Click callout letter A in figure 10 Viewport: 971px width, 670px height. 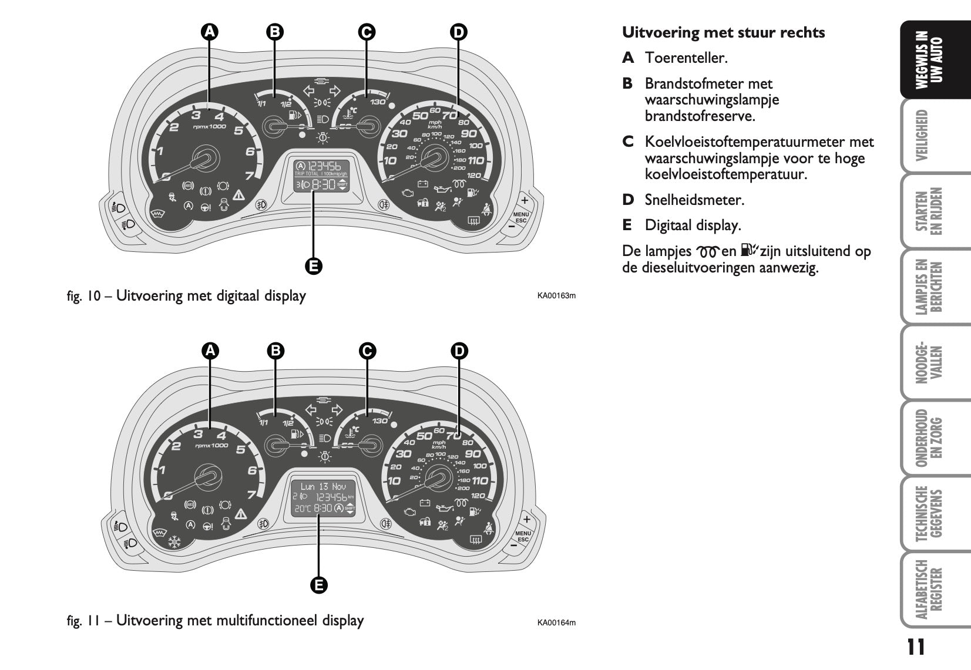point(209,32)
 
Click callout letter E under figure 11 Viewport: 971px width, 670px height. point(318,585)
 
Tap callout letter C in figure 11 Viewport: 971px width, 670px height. point(367,351)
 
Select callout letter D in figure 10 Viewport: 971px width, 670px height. point(458,32)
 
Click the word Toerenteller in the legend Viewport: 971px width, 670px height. point(686,58)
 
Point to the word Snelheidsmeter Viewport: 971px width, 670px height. point(694,200)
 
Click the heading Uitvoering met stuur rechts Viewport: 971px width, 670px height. point(723,32)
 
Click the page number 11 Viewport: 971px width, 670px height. point(915,647)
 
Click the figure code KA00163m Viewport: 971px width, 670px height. point(556,295)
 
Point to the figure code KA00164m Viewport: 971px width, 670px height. point(556,622)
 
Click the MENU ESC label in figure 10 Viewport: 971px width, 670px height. point(521,217)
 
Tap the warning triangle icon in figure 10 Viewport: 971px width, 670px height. point(239,195)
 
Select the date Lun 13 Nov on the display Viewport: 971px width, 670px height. point(323,486)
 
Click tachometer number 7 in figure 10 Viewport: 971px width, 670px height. point(249,175)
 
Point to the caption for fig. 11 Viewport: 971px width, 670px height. point(215,621)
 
